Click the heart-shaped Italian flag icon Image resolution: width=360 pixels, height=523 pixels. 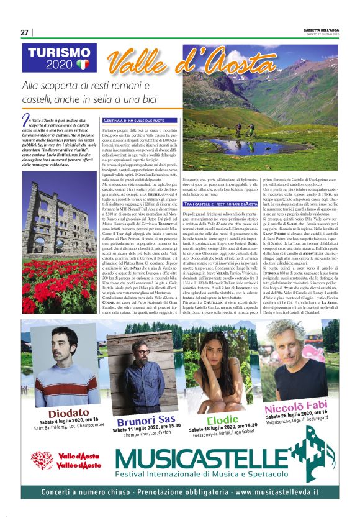coord(83,65)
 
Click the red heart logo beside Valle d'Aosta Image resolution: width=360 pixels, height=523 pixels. coord(42,460)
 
